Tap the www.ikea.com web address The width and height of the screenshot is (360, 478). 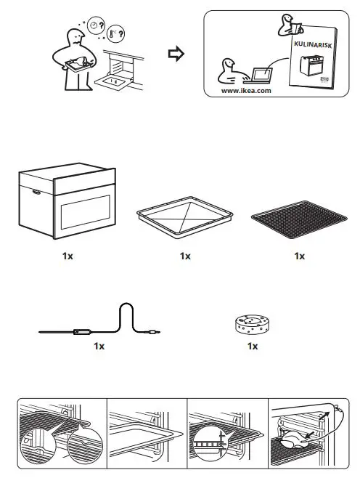coord(247,91)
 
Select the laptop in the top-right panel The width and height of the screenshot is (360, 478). coord(260,73)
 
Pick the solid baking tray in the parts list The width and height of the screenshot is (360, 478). coord(185,219)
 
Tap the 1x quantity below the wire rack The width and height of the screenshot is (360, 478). coord(298,256)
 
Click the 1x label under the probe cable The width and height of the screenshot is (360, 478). coord(99,347)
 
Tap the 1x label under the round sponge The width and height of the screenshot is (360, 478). coord(252,347)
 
